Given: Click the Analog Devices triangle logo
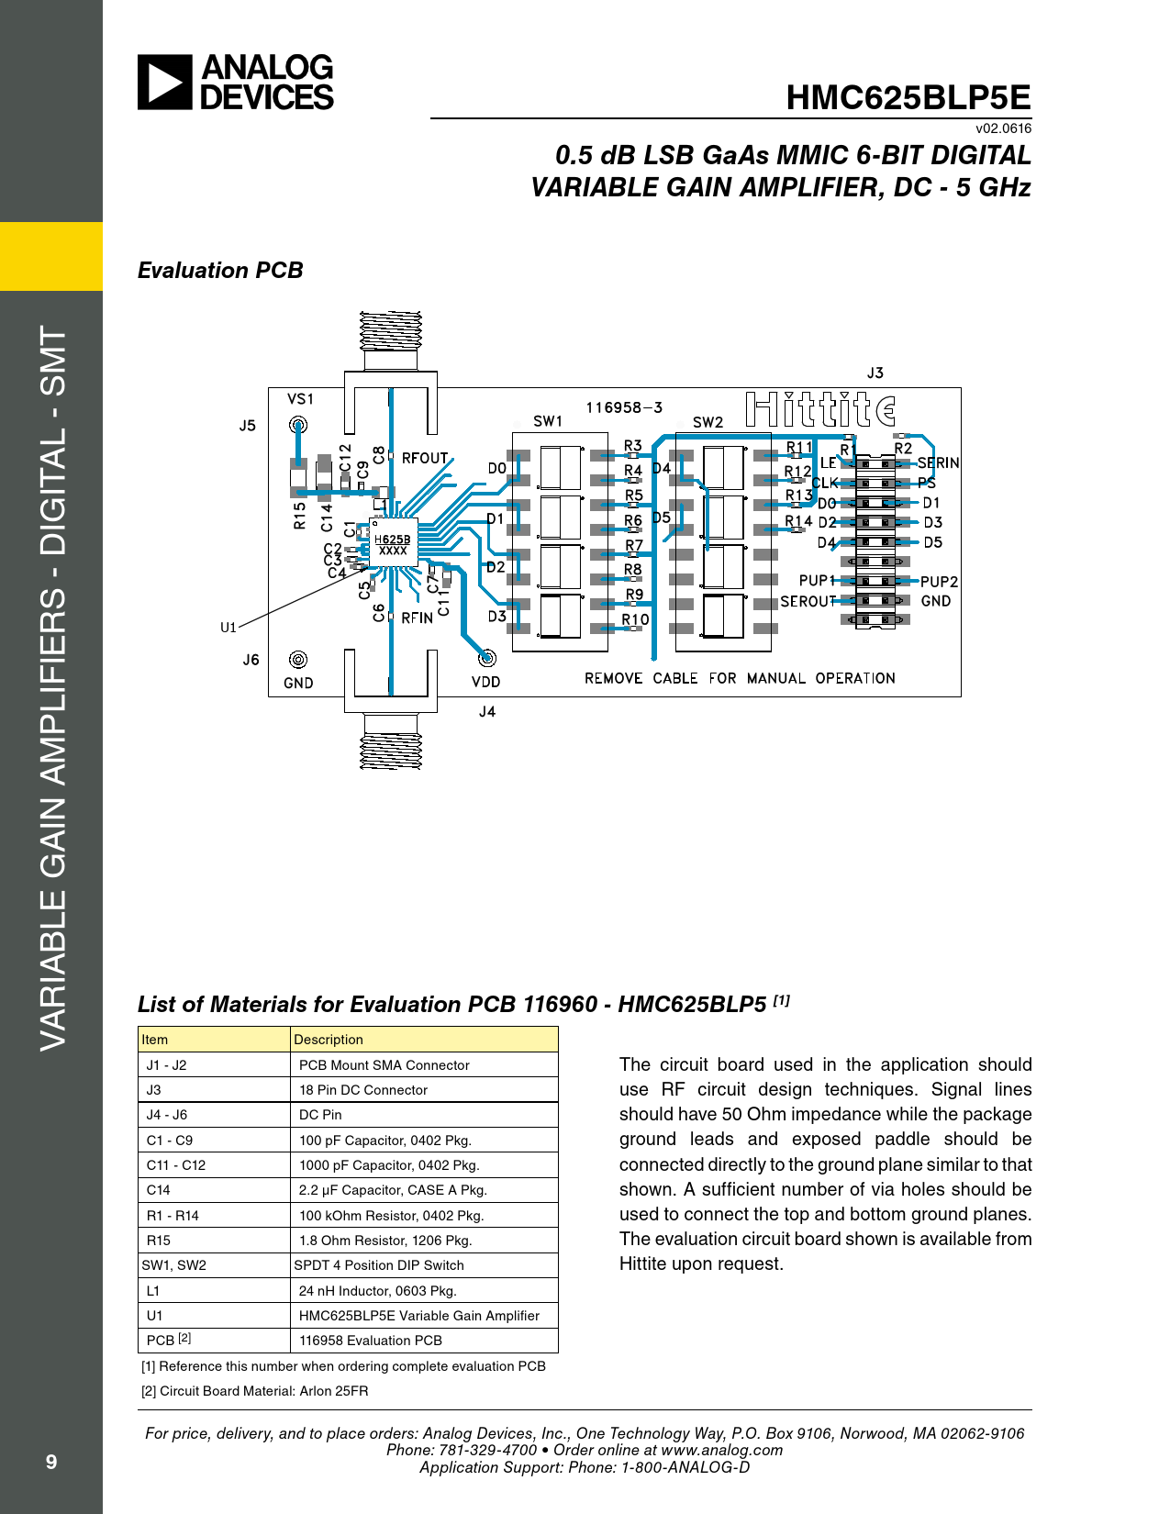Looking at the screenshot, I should [x=165, y=83].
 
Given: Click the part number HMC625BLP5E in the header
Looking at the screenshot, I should [x=908, y=98].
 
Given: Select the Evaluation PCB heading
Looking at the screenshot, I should [x=220, y=271].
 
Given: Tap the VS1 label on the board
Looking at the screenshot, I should [x=300, y=399].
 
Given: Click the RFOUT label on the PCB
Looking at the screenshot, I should [x=425, y=458].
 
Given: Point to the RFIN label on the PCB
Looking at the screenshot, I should [x=417, y=618].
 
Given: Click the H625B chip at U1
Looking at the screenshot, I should [x=393, y=544].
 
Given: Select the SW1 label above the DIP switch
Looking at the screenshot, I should [x=548, y=421].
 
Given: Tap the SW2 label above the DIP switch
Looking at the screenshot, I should [x=708, y=422].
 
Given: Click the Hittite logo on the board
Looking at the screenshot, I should [x=820, y=409].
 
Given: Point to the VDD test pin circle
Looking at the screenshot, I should [x=487, y=658].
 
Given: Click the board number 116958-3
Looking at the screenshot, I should [x=624, y=407].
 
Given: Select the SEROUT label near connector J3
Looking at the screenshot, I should [x=808, y=602].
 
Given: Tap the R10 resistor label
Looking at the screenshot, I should [x=635, y=619].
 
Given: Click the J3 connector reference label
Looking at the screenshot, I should [x=875, y=373].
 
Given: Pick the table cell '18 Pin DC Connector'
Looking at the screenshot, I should [x=363, y=1090].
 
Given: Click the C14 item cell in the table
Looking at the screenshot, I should [x=159, y=1190].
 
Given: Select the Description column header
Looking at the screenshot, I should [x=329, y=1040].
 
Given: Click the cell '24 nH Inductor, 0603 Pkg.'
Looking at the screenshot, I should [x=377, y=1290].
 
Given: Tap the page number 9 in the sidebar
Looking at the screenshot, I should [x=51, y=1462].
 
